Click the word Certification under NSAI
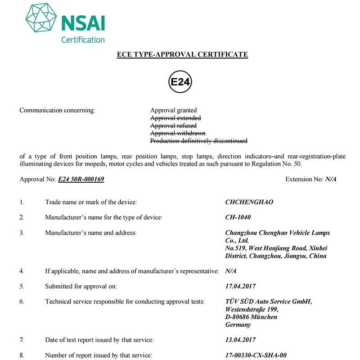click(83, 40)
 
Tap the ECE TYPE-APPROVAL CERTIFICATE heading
click(182, 54)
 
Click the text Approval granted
click(173, 110)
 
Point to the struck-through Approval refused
click(173, 126)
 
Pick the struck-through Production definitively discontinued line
click(198, 141)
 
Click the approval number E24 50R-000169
click(81, 179)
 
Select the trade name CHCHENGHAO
click(249, 202)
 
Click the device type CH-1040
click(238, 217)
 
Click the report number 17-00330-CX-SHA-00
click(256, 355)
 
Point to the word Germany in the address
click(238, 324)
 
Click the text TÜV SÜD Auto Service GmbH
click(268, 301)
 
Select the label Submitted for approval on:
click(81, 286)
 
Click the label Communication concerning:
click(57, 110)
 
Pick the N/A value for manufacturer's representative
click(231, 271)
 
